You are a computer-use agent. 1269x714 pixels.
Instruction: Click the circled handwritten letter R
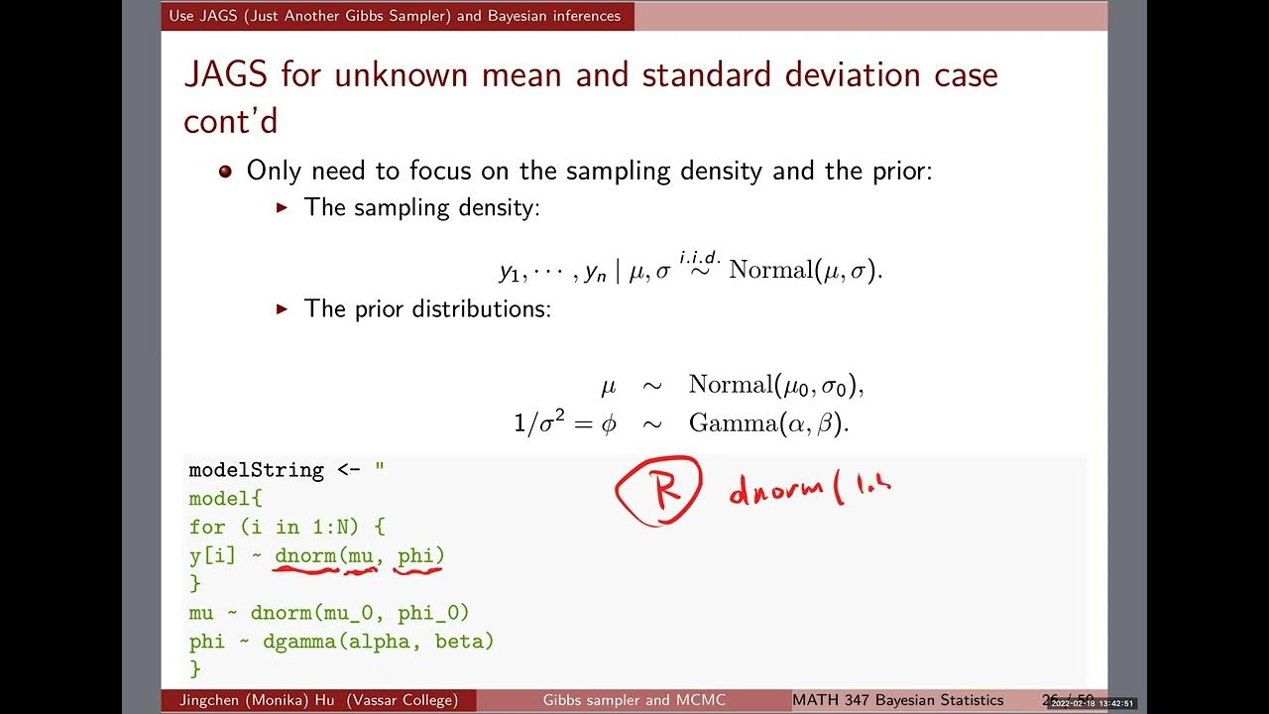(659, 489)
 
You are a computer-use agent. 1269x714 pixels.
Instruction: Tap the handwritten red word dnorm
(782, 490)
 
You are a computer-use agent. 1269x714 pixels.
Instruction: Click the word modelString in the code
(256, 470)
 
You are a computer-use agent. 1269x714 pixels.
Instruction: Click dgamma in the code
(298, 642)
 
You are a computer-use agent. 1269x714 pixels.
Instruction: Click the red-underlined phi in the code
(420, 556)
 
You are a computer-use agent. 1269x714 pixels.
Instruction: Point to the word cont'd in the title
(231, 120)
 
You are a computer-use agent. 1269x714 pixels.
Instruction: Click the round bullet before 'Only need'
(225, 171)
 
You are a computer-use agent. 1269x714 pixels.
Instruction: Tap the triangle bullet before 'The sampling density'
(282, 207)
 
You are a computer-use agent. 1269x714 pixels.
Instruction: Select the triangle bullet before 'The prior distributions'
(282, 308)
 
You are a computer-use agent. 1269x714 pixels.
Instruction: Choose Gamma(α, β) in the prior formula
(769, 423)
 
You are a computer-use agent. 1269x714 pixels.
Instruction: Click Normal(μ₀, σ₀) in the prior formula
(776, 384)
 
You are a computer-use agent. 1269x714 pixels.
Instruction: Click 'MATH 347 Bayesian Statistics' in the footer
(897, 700)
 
